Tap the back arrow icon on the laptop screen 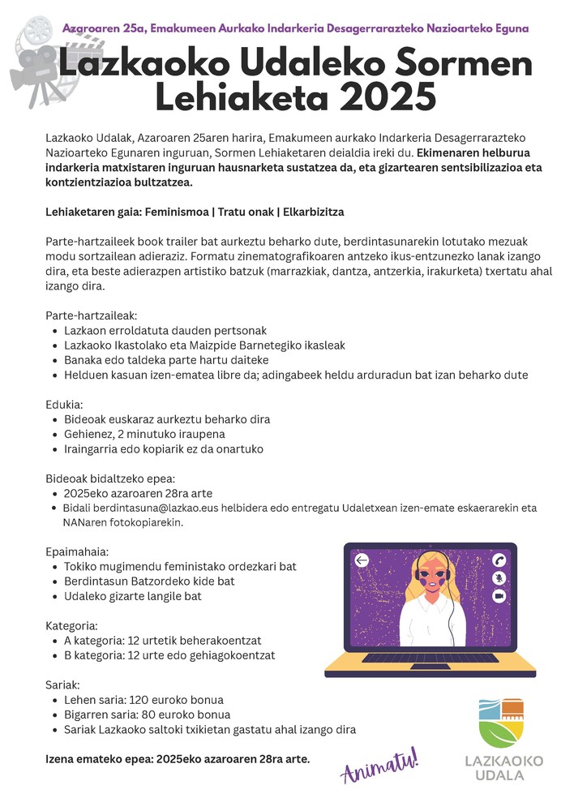pos(362,560)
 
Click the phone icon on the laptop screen pos(499,560)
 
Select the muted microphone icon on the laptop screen pos(499,577)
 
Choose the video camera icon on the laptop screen pos(499,595)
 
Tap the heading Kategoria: pos(71,625)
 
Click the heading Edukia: pos(64,404)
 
